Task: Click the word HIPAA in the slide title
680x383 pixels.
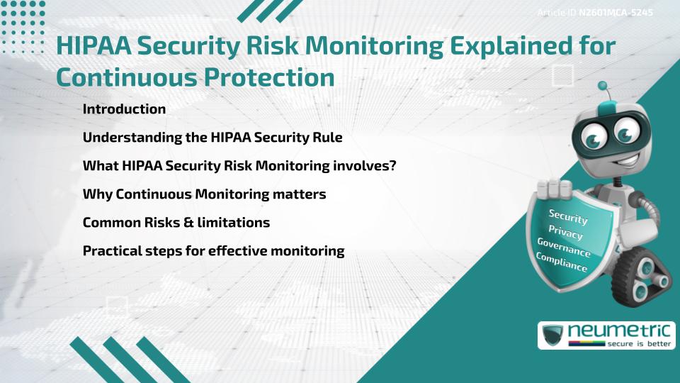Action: pyautogui.click(x=93, y=46)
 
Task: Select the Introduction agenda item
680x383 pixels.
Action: pyautogui.click(x=124, y=109)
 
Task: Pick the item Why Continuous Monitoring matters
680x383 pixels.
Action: pyautogui.click(x=204, y=194)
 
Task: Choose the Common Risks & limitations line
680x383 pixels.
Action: pyautogui.click(x=176, y=222)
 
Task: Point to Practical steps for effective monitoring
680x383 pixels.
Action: pyautogui.click(x=213, y=250)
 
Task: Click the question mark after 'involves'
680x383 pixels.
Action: pyautogui.click(x=392, y=165)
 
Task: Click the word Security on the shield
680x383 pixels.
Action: pyautogui.click(x=568, y=216)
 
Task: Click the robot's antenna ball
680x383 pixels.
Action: pyautogui.click(x=603, y=87)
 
